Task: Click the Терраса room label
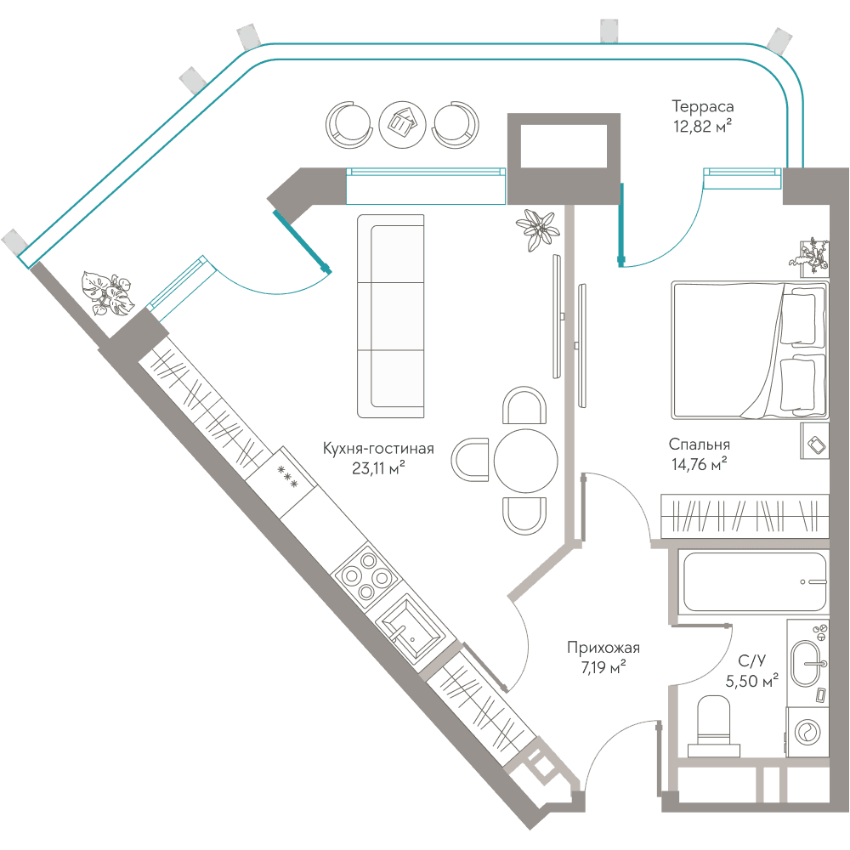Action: (703, 106)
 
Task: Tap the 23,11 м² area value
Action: (378, 467)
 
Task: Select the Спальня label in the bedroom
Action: (700, 445)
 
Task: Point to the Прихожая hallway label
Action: (603, 647)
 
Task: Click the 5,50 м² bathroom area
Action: (752, 680)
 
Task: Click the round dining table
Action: (526, 461)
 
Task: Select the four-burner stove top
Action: (365, 576)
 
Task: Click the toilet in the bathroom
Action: (714, 727)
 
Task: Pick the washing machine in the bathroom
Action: (807, 732)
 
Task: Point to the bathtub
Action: (754, 581)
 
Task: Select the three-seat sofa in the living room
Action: (390, 316)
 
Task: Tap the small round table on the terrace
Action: (403, 125)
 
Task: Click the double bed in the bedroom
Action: (750, 350)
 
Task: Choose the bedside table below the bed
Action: (815, 440)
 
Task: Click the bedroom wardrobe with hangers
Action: (745, 516)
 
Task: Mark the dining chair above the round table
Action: (524, 405)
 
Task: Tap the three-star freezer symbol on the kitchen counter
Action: (287, 477)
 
